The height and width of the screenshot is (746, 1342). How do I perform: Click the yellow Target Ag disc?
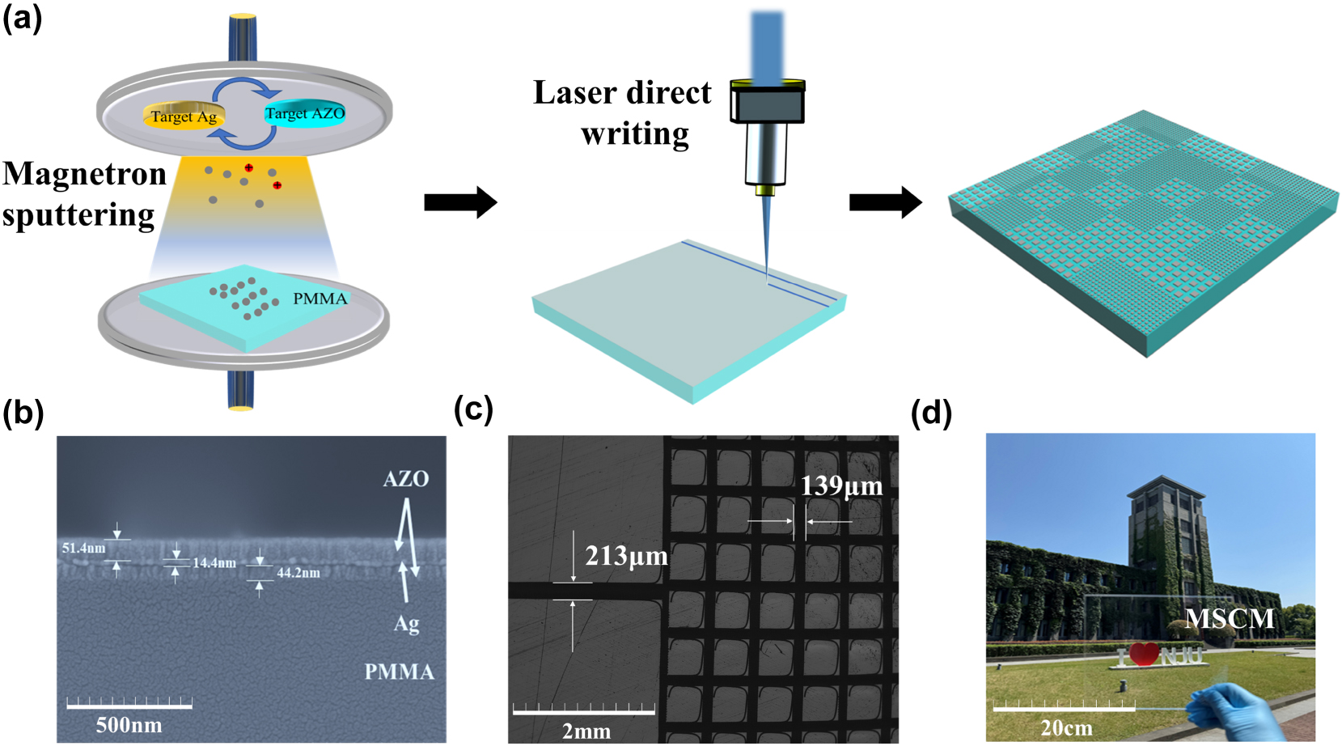coord(184,116)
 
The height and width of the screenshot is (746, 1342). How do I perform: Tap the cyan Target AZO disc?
coord(305,114)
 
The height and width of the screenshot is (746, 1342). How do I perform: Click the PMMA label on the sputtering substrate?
coord(320,299)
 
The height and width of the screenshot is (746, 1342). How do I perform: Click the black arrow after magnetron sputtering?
coord(459,202)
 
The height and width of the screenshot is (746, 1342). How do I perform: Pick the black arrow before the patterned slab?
coord(885,202)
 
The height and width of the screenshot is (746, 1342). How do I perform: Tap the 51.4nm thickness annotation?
coord(83,548)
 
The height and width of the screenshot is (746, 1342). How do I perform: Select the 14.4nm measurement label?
coord(214,562)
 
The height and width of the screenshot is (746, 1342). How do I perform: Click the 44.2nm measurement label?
coord(298,573)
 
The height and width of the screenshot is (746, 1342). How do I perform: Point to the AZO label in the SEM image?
coord(405,479)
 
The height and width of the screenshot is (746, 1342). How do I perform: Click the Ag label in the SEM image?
coord(406,624)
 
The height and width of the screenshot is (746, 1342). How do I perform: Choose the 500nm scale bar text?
coord(129,725)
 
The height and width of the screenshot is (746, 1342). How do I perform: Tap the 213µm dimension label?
coord(626,556)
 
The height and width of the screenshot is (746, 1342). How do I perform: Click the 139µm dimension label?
coord(841,485)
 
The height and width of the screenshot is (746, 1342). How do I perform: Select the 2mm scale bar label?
coord(586,731)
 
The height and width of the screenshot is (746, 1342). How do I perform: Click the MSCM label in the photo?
coord(1229,619)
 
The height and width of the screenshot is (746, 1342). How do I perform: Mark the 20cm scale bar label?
coord(1066,728)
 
